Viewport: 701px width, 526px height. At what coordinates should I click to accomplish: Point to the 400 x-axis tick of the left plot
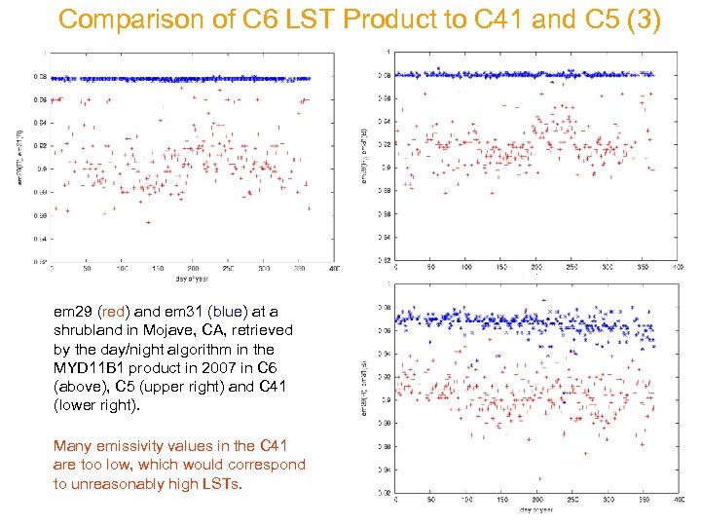pyautogui.click(x=334, y=268)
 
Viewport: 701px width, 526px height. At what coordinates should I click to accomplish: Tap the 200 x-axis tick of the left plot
pyautogui.click(x=193, y=268)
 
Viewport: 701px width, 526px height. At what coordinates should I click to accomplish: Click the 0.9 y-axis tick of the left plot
pyautogui.click(x=40, y=169)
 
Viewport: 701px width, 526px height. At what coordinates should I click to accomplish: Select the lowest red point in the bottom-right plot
pyautogui.click(x=538, y=479)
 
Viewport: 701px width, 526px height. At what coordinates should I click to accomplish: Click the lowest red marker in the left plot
pyautogui.click(x=148, y=222)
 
